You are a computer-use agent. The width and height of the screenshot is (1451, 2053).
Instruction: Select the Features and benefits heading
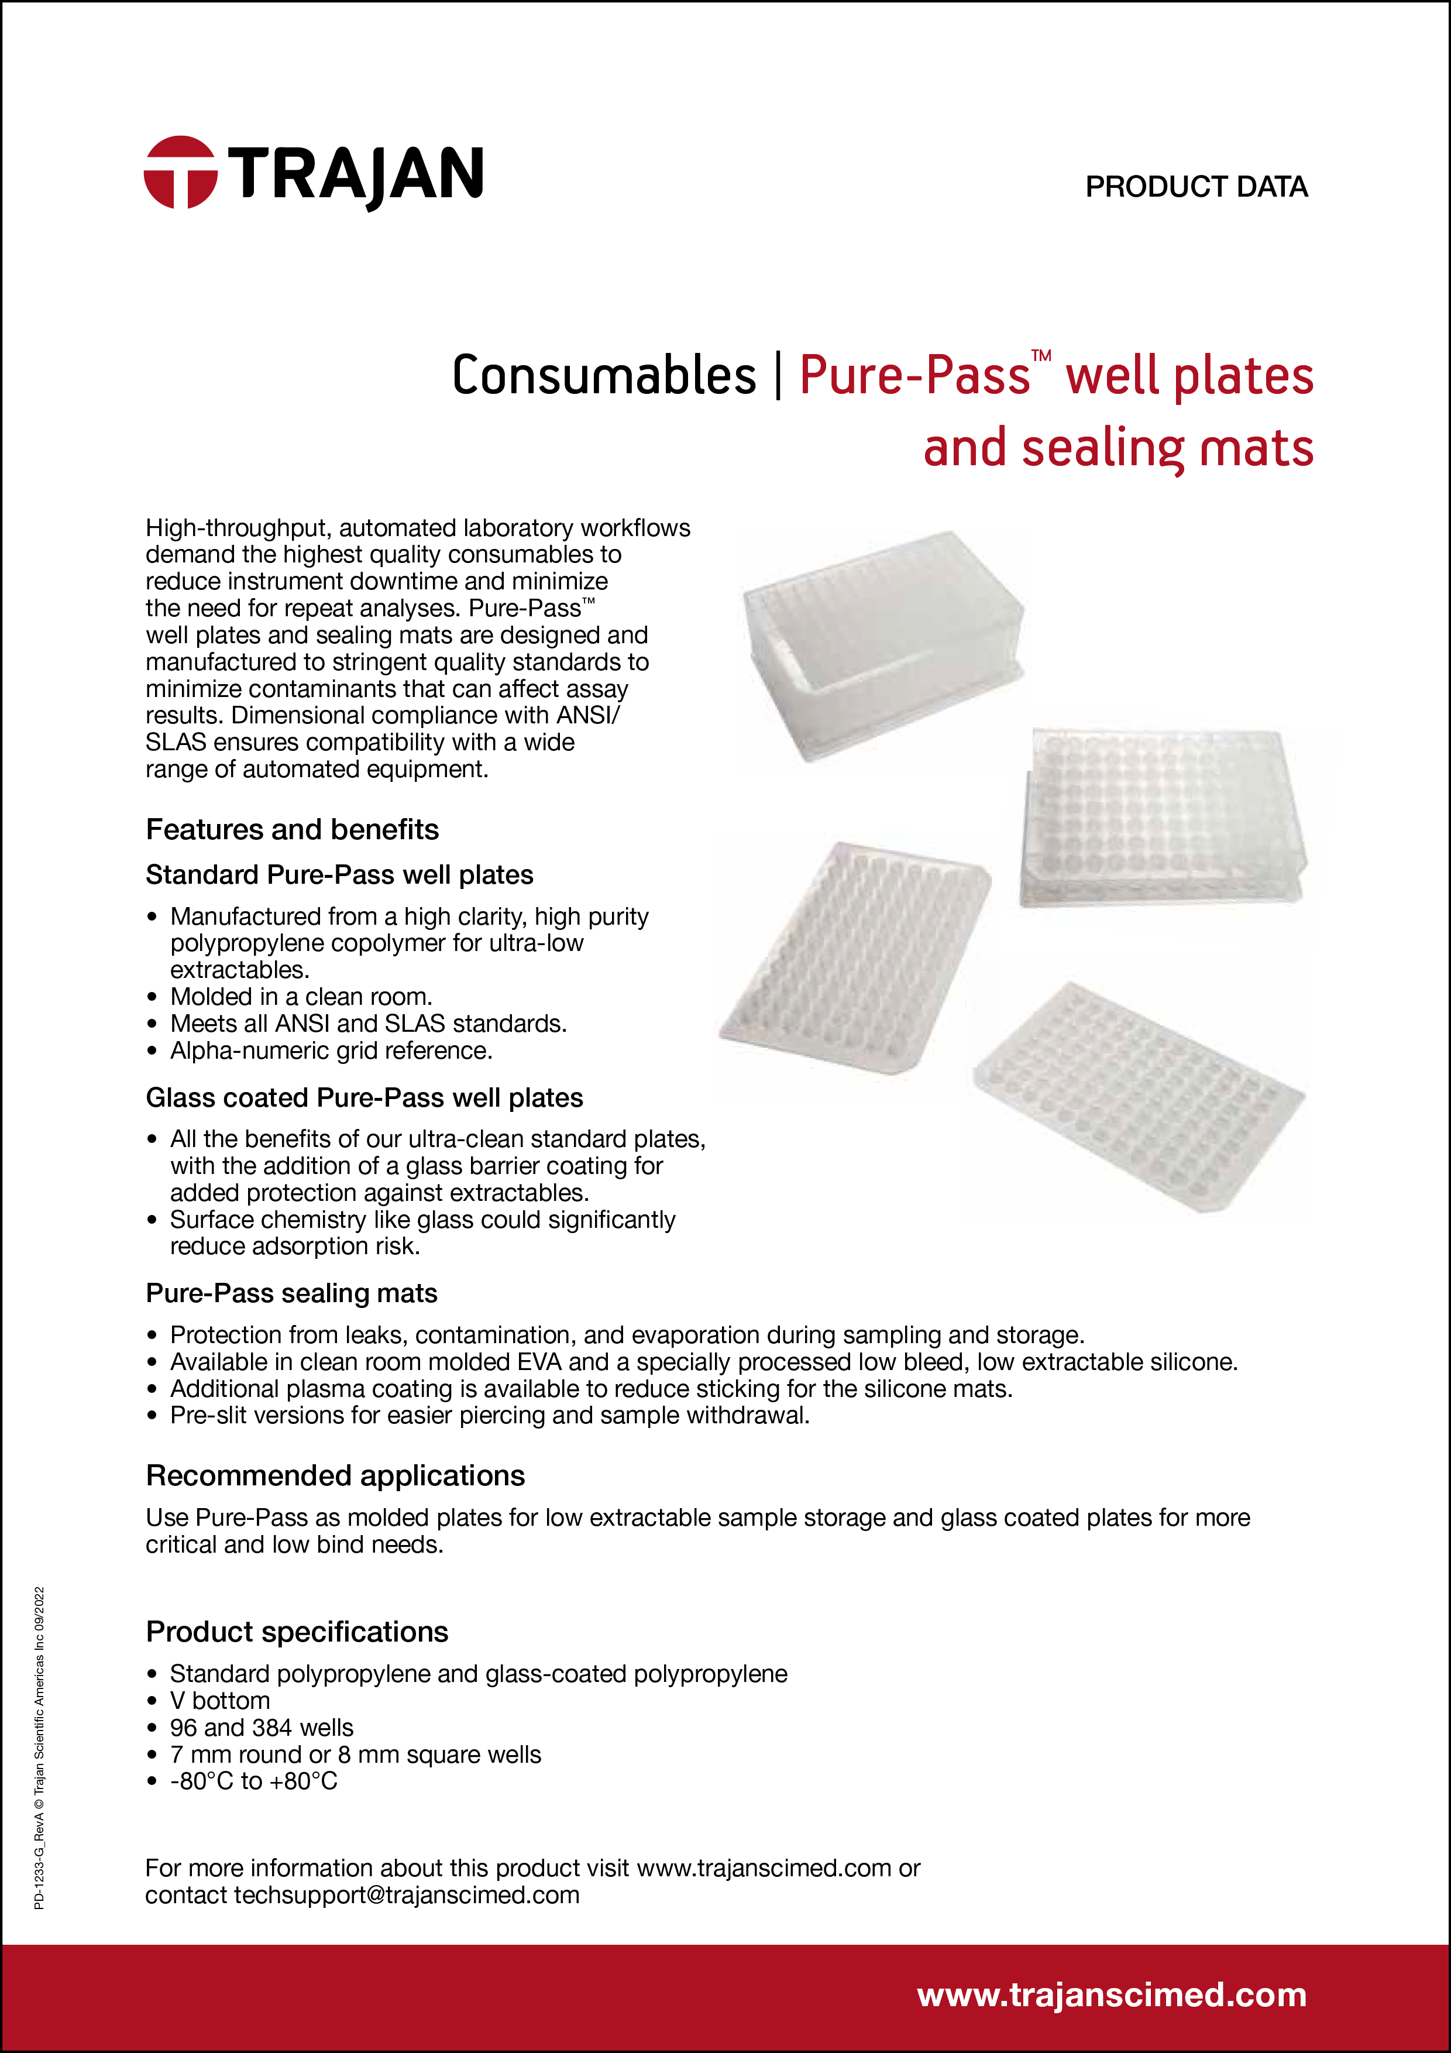click(x=293, y=830)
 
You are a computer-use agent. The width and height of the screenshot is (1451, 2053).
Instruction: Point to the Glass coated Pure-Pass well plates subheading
click(x=364, y=1098)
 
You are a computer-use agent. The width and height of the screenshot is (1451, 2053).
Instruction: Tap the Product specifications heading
click(x=297, y=1632)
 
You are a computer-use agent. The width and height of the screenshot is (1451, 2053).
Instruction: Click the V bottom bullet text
click(x=220, y=1701)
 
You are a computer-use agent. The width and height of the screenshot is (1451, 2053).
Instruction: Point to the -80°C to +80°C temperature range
click(x=254, y=1781)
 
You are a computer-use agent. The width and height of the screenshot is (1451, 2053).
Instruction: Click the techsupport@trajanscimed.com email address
click(x=407, y=1895)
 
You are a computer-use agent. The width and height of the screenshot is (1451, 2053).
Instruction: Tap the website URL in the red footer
click(x=1111, y=1995)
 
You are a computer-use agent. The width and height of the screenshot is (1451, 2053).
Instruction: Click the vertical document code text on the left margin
click(x=39, y=1748)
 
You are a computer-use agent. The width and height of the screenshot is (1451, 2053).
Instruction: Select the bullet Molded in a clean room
click(x=301, y=997)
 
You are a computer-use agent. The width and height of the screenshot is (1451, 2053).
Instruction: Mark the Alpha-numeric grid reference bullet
click(x=331, y=1050)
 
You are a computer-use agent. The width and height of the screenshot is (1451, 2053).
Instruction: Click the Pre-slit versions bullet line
click(x=489, y=1416)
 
